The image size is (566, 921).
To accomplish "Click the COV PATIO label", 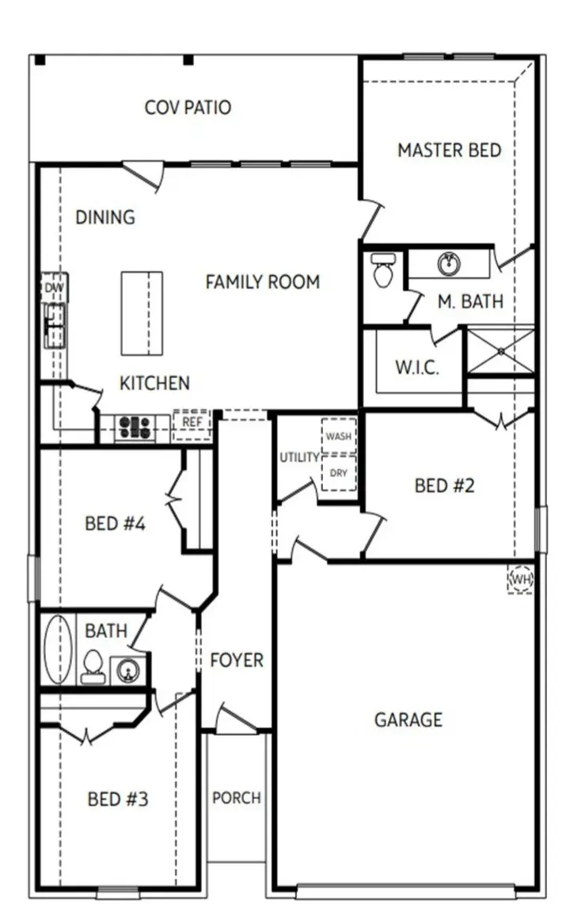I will coord(188,107).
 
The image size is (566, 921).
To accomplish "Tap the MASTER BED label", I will coord(449,150).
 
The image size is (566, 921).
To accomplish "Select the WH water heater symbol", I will coord(520,580).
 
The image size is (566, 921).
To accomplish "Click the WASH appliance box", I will coord(338,436).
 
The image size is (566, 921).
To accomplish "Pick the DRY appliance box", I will coord(338,473).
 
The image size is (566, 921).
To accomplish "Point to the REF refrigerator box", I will coord(192,423).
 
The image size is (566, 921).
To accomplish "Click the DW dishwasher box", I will coord(54,288).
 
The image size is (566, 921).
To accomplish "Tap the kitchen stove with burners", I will coord(135,428).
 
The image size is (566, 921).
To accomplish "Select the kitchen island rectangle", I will coord(142,313).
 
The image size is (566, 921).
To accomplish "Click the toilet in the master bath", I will coord(383,269).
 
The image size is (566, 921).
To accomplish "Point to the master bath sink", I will coord(449,263).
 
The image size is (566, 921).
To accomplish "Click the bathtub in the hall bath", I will coord(57,650).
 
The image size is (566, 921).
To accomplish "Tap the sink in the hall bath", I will coord(127,671).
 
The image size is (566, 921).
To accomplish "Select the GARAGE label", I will coord(408,720).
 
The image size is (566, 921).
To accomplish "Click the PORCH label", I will coord(236,797).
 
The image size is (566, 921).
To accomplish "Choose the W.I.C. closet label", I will coord(416,369).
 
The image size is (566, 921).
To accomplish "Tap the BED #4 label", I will coord(115,523).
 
